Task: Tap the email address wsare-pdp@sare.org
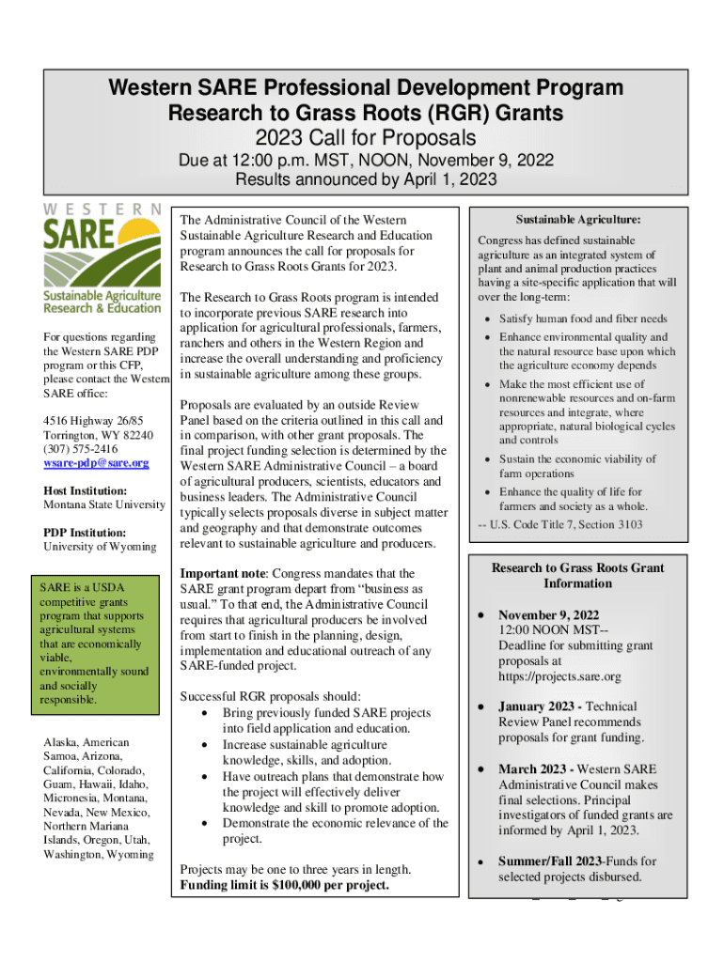(x=96, y=462)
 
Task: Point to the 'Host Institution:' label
(x=86, y=490)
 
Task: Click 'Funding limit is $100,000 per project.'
(x=284, y=885)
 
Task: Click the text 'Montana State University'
(x=103, y=505)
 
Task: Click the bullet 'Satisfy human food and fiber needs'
(x=583, y=318)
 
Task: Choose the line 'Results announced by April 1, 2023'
(x=366, y=179)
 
